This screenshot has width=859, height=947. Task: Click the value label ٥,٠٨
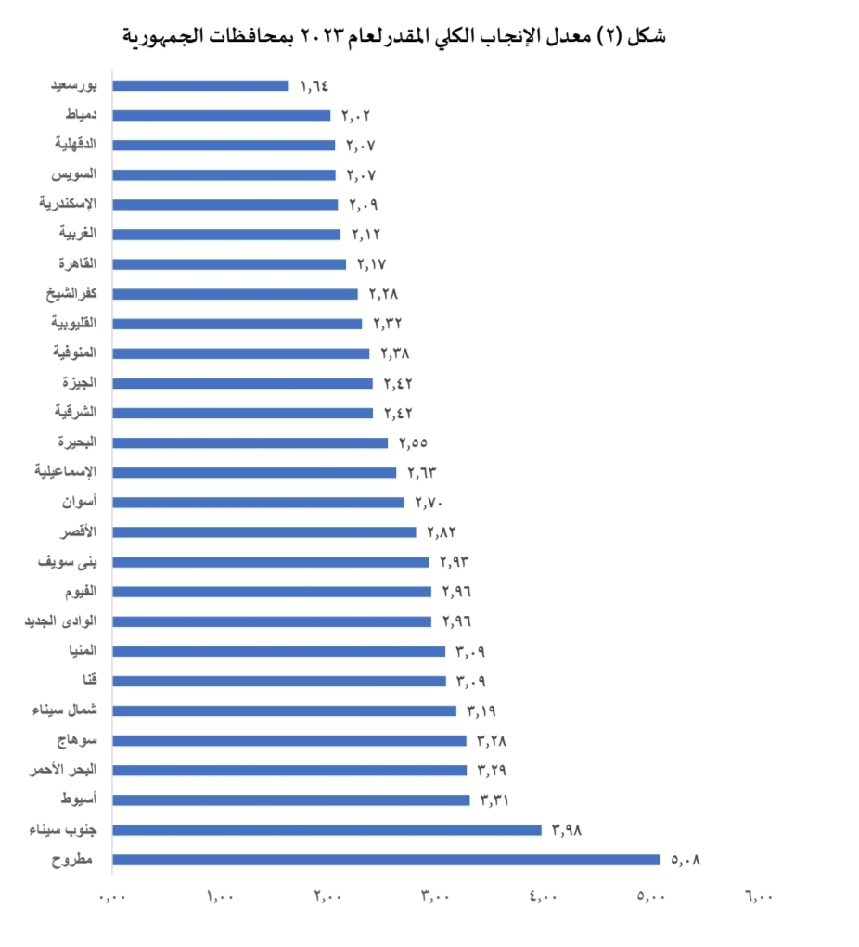pyautogui.click(x=686, y=860)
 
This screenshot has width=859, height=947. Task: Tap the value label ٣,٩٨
pyautogui.click(x=567, y=830)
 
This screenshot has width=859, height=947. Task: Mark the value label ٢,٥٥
pyautogui.click(x=413, y=443)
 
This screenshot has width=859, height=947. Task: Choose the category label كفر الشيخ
pyautogui.click(x=73, y=294)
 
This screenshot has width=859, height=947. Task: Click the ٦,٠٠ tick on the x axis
pyautogui.click(x=758, y=897)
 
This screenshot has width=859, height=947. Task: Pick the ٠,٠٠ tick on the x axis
pyautogui.click(x=113, y=897)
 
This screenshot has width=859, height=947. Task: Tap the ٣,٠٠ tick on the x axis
pyautogui.click(x=435, y=897)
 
